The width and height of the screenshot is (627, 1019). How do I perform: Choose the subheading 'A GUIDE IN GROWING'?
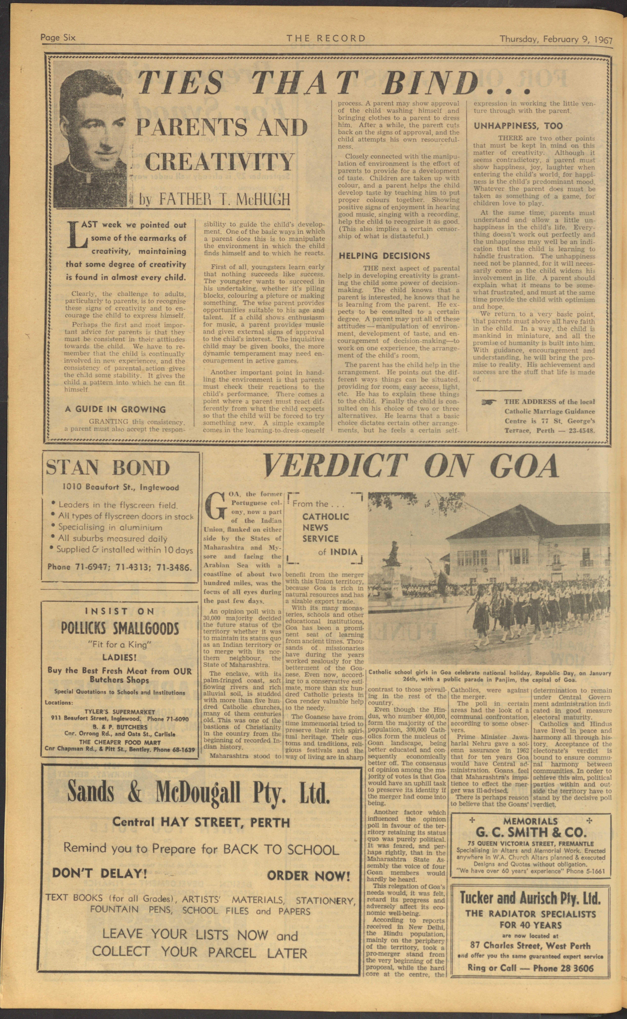pyautogui.click(x=115, y=409)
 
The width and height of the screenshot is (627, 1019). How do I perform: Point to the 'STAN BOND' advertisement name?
pyautogui.click(x=108, y=468)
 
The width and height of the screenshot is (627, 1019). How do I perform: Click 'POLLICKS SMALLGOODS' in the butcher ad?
pyautogui.click(x=120, y=629)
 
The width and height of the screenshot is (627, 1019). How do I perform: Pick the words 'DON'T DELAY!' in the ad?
pyautogui.click(x=100, y=873)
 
